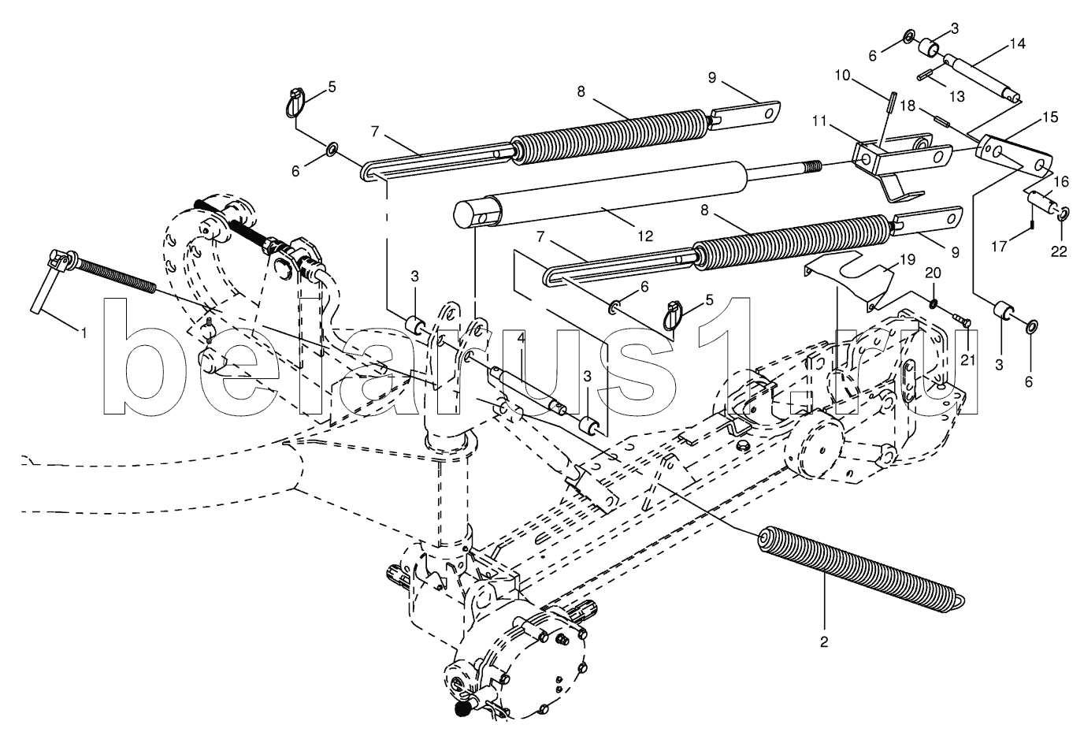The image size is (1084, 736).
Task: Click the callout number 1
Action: (x=84, y=333)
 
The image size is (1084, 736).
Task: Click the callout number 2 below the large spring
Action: (x=824, y=642)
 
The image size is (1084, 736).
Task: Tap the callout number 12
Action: (x=645, y=236)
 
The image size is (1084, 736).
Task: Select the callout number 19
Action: (x=908, y=260)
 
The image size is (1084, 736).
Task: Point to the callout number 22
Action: (x=1059, y=252)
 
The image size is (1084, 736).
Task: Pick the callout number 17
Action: (x=999, y=247)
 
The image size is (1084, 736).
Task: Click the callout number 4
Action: (x=521, y=339)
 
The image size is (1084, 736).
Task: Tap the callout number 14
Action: (x=1017, y=44)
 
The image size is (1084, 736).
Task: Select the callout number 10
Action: (x=842, y=76)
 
